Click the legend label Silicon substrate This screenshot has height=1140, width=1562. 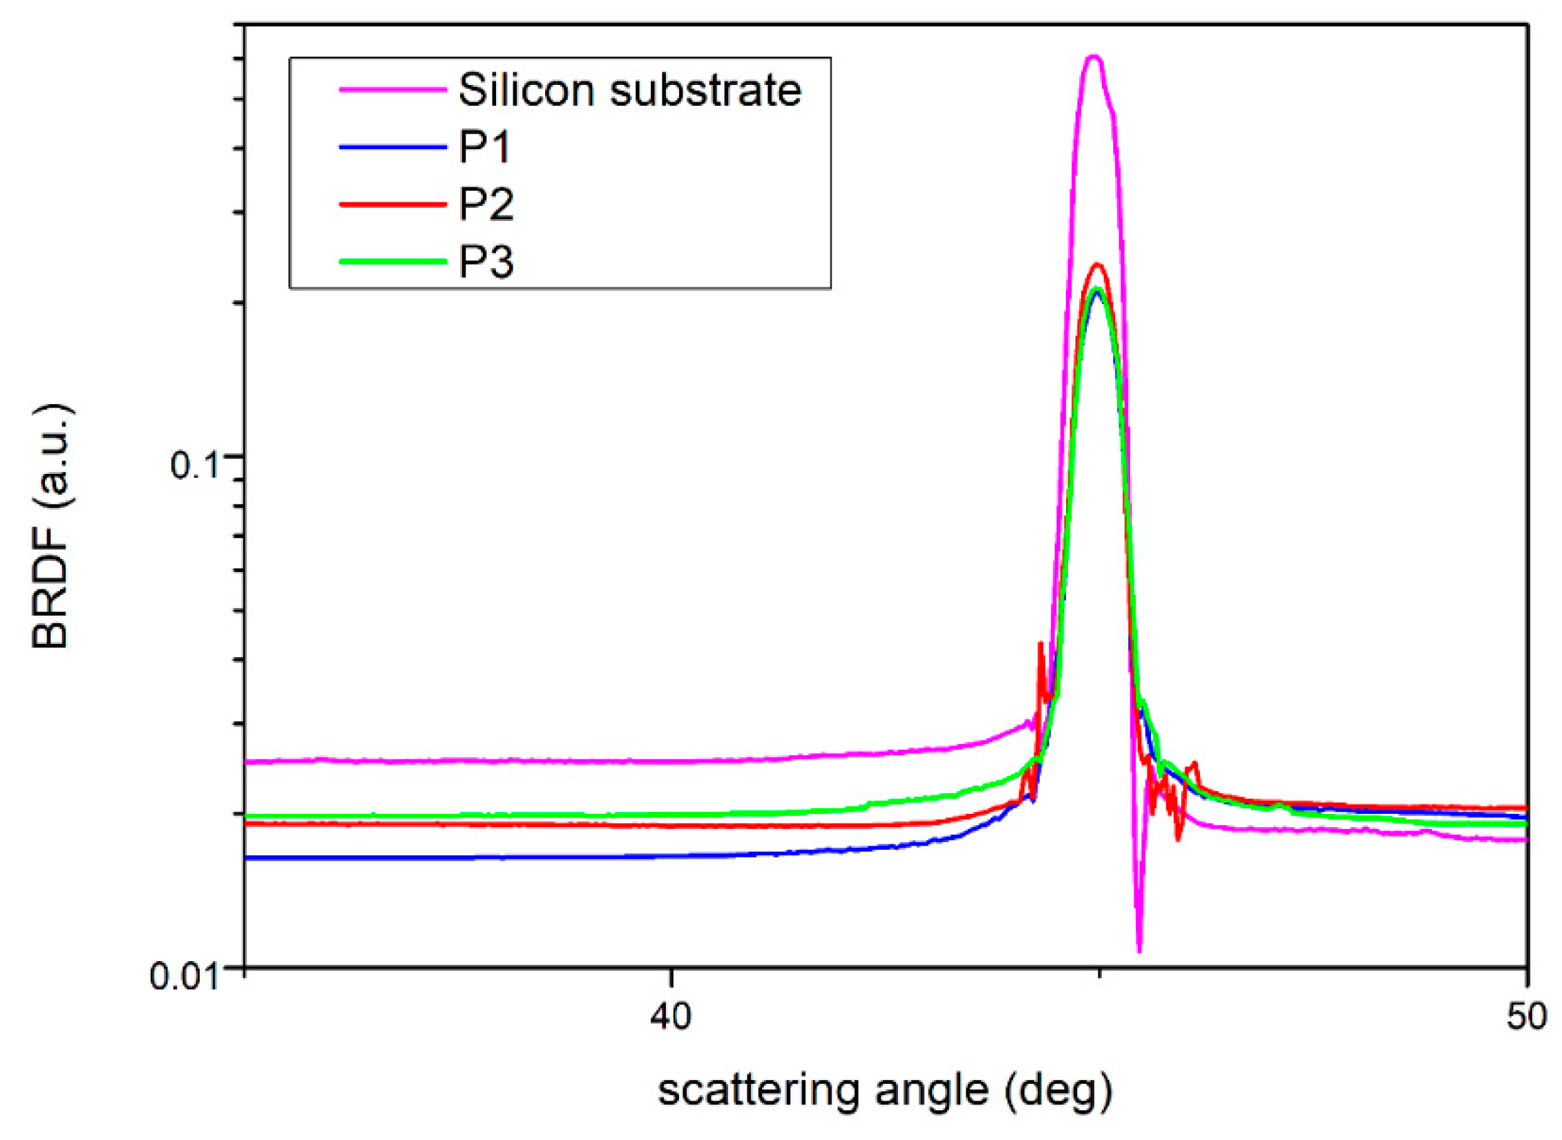point(629,91)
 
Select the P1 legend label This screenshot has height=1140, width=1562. point(484,147)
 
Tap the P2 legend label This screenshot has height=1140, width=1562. point(486,205)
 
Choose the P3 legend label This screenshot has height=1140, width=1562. point(486,262)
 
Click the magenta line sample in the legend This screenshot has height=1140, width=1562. point(392,89)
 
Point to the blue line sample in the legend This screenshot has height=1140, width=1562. point(392,146)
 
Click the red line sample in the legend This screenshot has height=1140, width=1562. point(392,204)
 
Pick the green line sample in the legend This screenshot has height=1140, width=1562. point(392,261)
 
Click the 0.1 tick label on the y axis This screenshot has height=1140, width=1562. point(193,465)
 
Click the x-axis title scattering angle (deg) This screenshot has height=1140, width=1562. point(885,1092)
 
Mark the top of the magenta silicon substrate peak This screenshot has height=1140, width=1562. point(1093,57)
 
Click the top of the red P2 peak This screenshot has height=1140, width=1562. point(1096,265)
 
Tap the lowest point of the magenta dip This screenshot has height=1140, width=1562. point(1139,951)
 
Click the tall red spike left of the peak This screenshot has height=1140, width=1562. point(1040,645)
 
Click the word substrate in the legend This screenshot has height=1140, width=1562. point(705,91)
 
